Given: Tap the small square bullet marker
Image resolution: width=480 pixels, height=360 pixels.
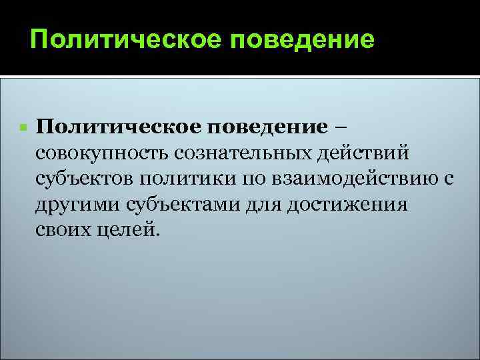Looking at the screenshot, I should pos(23,127).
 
